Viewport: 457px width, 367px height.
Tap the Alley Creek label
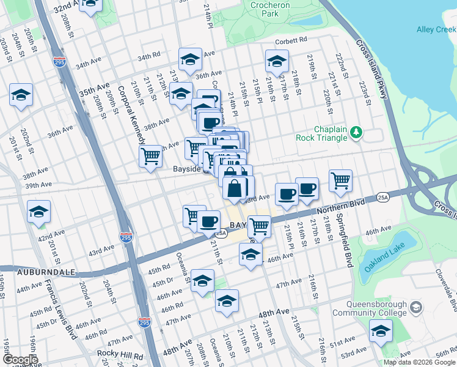(x=436, y=29)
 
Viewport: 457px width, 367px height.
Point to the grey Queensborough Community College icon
(x=416, y=306)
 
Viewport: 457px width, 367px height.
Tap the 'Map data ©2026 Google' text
(x=419, y=362)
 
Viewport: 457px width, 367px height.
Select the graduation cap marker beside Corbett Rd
(x=277, y=61)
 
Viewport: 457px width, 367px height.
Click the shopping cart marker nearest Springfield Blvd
(x=340, y=180)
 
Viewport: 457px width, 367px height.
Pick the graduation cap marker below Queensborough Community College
(x=380, y=332)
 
